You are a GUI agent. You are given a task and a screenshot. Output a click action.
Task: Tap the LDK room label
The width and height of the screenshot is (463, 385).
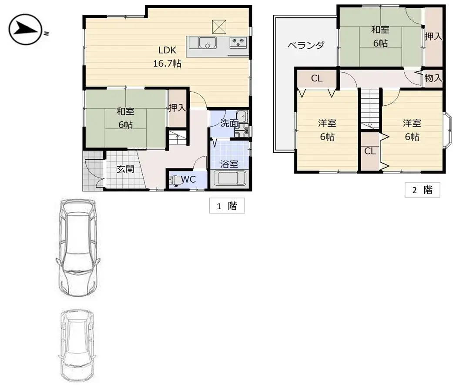[167, 50]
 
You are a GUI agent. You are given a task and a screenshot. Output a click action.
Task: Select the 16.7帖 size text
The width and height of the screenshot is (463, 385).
[167, 64]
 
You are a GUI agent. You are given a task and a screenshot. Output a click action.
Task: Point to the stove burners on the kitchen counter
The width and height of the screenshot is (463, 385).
[238, 42]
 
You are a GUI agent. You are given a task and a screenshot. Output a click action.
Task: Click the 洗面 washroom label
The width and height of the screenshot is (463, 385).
[229, 123]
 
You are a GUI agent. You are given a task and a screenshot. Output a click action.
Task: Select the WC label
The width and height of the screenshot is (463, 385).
[188, 179]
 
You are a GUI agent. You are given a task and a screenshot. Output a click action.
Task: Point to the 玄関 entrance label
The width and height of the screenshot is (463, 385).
[125, 169]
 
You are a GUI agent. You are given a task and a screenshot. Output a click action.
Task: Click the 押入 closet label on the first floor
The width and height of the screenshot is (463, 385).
[177, 108]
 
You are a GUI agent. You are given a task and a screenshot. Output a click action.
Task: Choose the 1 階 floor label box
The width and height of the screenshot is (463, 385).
[227, 206]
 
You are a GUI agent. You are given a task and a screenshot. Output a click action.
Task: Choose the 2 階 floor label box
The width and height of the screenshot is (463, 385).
[422, 190]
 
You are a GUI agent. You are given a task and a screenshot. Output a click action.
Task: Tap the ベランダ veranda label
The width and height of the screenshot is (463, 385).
[306, 45]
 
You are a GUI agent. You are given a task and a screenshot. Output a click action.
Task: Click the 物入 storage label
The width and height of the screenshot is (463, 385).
[433, 79]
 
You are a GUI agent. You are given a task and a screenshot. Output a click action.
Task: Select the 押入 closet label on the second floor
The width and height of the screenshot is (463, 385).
[433, 37]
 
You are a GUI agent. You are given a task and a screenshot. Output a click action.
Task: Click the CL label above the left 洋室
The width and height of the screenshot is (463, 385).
[317, 79]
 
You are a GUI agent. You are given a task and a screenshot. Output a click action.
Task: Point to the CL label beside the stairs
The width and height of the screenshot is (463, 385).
[370, 151]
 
